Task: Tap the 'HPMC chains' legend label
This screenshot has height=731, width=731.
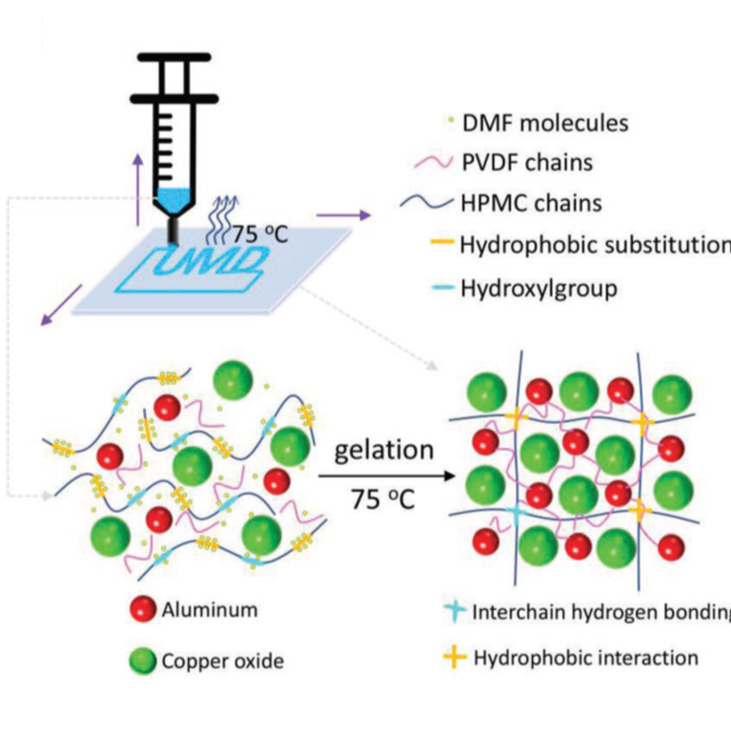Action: click(532, 202)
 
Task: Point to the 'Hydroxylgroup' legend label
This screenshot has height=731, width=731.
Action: click(538, 287)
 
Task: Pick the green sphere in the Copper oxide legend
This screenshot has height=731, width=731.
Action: click(141, 660)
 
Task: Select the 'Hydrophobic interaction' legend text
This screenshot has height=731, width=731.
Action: click(585, 658)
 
